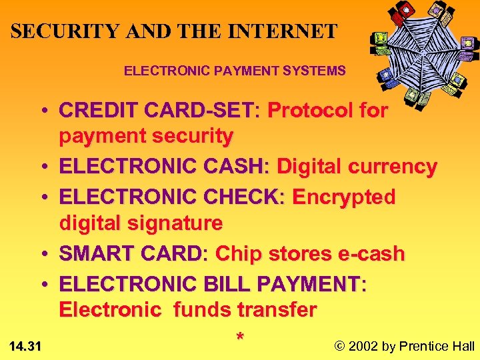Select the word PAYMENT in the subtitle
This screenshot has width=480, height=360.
click(x=217, y=70)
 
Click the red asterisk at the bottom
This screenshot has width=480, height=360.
click(x=240, y=337)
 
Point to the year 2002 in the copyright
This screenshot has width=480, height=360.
click(x=363, y=345)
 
